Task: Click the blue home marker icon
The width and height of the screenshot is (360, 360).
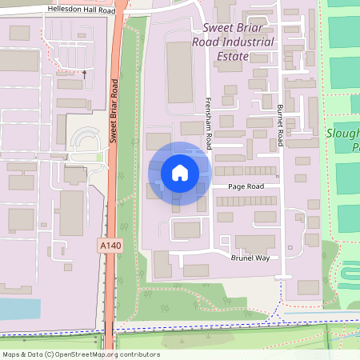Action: tap(180, 172)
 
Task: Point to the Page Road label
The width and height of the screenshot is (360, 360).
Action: tap(245, 186)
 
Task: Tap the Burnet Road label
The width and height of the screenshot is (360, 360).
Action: tap(280, 123)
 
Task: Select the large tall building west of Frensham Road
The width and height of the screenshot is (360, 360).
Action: tap(179, 72)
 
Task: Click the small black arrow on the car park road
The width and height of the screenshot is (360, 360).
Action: tap(84, 71)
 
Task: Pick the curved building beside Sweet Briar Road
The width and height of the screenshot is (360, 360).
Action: tap(84, 140)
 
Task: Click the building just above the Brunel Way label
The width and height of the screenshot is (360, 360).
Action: tap(254, 242)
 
